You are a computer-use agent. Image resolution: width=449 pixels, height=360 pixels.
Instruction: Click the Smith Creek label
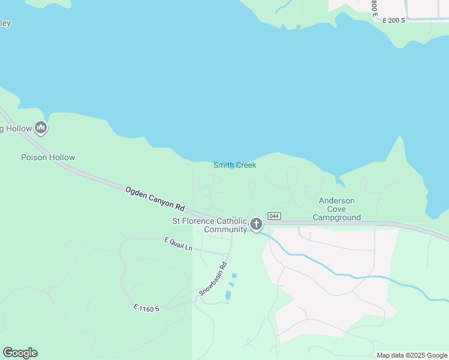(235, 165)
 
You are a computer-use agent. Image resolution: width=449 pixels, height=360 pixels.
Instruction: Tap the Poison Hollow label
(48, 157)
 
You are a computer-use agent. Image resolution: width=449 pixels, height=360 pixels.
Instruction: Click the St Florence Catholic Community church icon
(256, 224)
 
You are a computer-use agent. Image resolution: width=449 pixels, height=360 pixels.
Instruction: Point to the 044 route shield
(274, 216)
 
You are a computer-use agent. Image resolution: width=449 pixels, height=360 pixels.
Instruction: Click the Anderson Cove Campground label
(337, 209)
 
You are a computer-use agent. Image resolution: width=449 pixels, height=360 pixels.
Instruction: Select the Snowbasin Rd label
(213, 280)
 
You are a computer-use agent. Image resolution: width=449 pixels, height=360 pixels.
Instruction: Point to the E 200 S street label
(394, 20)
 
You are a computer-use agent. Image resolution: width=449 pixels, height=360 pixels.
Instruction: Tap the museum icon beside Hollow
(41, 128)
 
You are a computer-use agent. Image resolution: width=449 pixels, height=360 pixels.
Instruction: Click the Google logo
(20, 352)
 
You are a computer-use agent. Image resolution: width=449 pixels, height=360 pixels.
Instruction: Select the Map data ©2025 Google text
(412, 355)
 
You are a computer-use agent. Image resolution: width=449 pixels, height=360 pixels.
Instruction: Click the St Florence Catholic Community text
(209, 225)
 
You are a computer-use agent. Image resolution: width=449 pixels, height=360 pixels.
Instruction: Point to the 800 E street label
(374, 8)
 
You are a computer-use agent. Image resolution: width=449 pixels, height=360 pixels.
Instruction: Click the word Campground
(337, 217)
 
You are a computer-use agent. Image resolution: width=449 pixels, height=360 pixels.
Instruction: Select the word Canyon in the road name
(160, 201)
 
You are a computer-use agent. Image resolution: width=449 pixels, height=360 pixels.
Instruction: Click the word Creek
(245, 165)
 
